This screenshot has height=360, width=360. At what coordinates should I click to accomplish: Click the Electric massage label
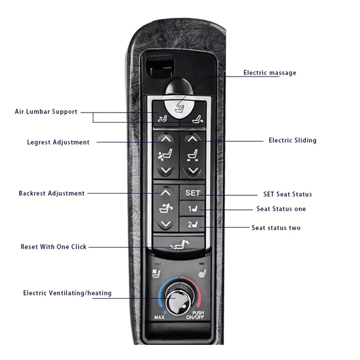[x=269, y=73]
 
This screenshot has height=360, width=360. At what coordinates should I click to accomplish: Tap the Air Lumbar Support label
[x=46, y=111]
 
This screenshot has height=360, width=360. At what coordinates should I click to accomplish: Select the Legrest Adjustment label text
[x=58, y=142]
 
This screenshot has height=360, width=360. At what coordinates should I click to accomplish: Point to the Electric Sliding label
[x=292, y=140]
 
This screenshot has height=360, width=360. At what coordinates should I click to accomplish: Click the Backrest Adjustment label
[x=52, y=193]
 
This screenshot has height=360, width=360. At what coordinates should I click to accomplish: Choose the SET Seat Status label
[x=287, y=194]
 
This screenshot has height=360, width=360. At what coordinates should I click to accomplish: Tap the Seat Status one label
[x=281, y=209]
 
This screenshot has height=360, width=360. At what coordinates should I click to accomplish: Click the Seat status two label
[x=276, y=228]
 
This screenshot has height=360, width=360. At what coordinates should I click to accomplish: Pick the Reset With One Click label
[x=54, y=247]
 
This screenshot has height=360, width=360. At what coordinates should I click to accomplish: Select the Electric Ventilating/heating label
[x=67, y=293]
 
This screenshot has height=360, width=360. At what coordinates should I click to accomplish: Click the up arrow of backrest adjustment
[x=165, y=192]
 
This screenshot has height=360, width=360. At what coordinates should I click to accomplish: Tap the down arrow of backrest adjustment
[x=165, y=224]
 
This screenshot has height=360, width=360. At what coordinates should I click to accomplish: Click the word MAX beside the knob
[x=160, y=318]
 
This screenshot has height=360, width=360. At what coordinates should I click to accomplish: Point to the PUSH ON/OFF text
[x=197, y=315]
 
